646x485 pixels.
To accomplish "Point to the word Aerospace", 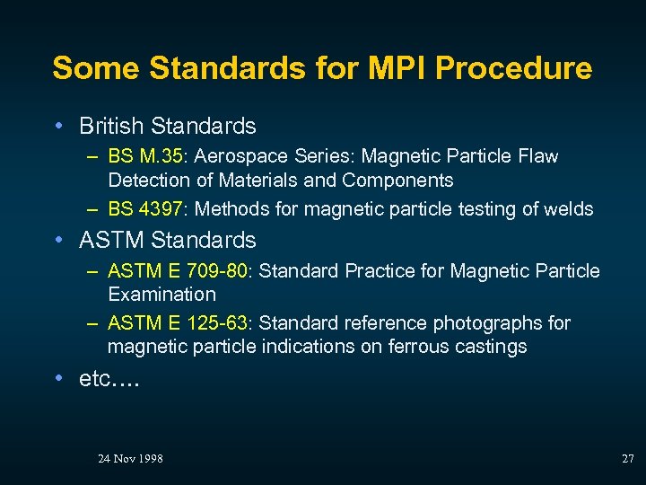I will tap(234, 156).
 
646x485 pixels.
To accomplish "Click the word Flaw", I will tap(538, 156).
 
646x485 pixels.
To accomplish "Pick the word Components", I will tap(397, 180).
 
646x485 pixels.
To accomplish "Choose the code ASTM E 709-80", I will tap(178, 270).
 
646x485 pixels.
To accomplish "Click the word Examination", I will tap(161, 294).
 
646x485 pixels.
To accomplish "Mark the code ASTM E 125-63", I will tap(178, 322).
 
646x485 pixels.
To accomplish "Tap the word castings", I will tap(494, 346).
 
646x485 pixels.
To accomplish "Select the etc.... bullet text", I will tap(108, 379).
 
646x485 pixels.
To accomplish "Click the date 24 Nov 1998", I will tap(130, 458).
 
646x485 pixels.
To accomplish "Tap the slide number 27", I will tap(627, 458).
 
